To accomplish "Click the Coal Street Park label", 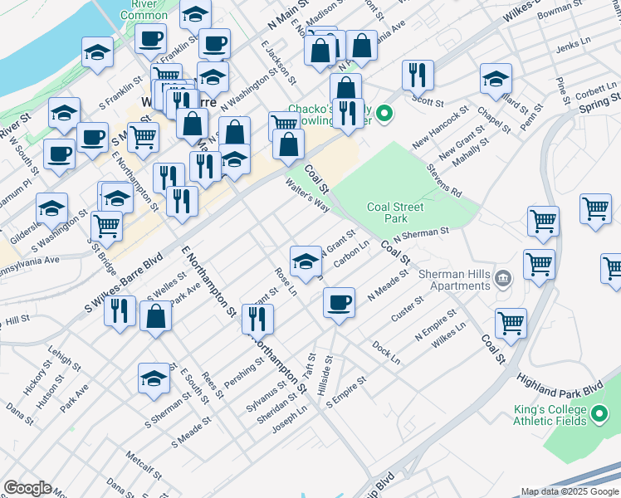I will click(395, 212).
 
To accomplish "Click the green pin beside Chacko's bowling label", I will click(384, 113).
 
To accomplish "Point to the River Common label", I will click(144, 9).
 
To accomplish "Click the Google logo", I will click(27, 488).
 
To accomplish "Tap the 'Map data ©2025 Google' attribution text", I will click(570, 491).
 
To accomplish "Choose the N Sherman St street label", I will click(421, 234).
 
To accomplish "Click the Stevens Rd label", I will click(444, 181).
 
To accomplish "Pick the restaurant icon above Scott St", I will click(418, 75).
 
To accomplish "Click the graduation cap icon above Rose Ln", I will click(306, 260).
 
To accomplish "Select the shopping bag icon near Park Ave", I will click(156, 316).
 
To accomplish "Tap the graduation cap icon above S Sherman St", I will click(154, 378).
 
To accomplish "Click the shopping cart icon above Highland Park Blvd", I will click(510, 323).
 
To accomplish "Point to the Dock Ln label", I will click(386, 352).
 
